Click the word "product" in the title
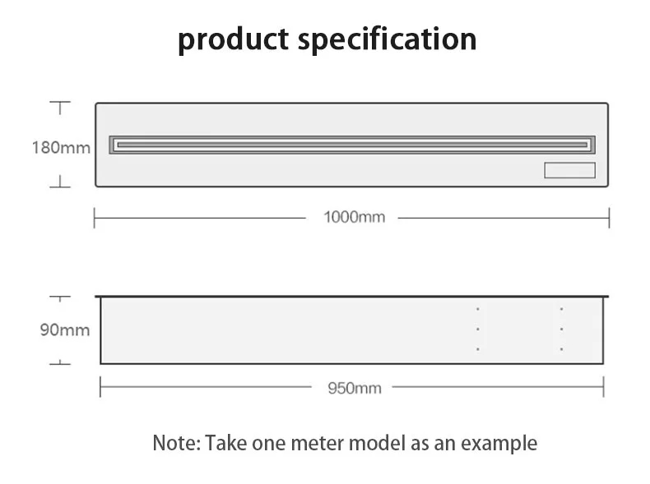[x=234, y=39]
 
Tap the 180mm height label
[x=61, y=148]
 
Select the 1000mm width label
[x=354, y=218]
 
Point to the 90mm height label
[x=65, y=330]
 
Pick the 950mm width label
[x=355, y=387]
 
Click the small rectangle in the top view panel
[x=569, y=170]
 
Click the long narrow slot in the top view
[x=352, y=144]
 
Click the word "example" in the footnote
[x=499, y=444]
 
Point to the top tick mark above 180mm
[x=59, y=104]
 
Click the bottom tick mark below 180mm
[x=59, y=186]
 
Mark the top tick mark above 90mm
[x=59, y=296]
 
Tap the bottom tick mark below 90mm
[x=59, y=362]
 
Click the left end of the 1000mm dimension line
[x=95, y=218]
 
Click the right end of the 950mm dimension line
[x=604, y=386]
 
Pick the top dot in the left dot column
[x=478, y=309]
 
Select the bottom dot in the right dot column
[x=561, y=349]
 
